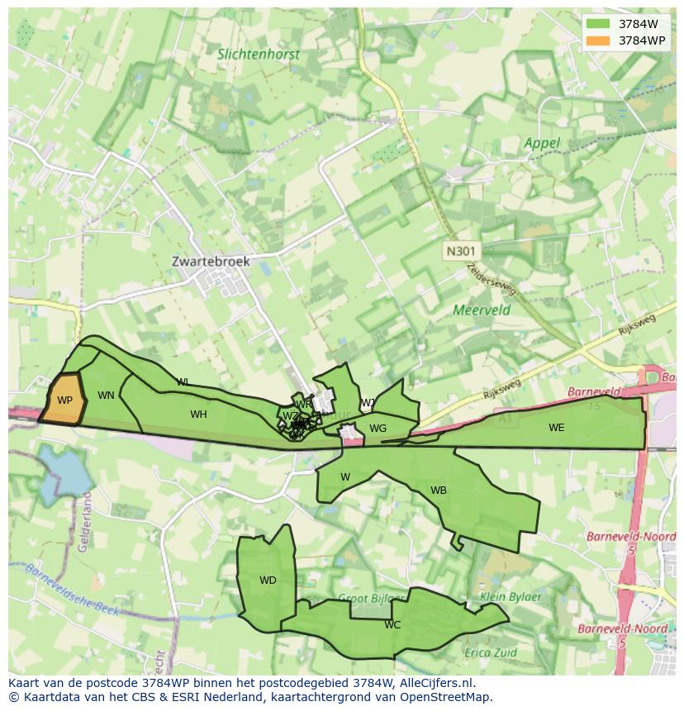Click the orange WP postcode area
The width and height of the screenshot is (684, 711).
pos(64,400)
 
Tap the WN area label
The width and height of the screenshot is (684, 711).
pos(106,396)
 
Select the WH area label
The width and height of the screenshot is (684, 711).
pos(198,415)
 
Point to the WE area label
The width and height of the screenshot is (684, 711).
pos(556,428)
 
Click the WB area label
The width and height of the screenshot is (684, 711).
pos(439,491)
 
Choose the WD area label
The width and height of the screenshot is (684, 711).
pos(268,581)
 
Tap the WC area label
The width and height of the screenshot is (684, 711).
pos(392,625)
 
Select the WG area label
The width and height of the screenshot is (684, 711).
pos(378,429)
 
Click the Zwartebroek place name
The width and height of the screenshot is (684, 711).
pos(211,261)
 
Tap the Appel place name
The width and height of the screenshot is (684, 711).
pos(542,143)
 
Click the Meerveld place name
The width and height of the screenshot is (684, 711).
pos(482,310)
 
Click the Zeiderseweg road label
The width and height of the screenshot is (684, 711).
pos(492,277)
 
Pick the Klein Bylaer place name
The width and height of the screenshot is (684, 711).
pos(511,596)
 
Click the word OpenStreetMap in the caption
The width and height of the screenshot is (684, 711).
pos(450,697)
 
